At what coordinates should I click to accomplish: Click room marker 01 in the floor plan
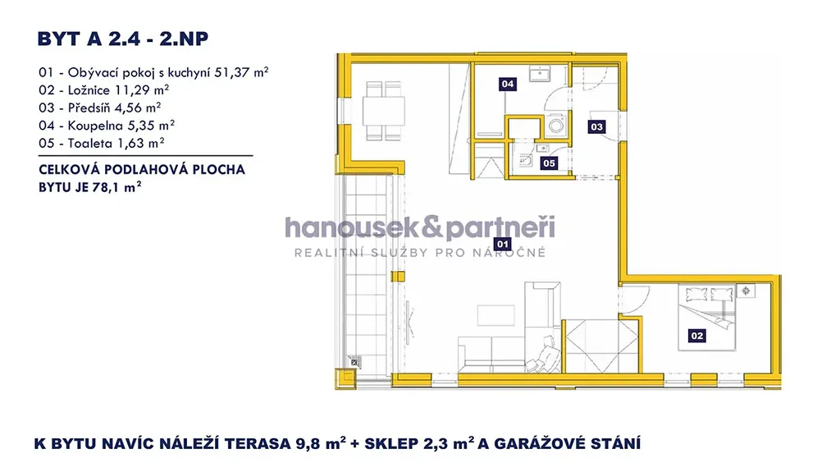click(x=503, y=245)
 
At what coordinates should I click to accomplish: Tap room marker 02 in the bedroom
click(x=697, y=336)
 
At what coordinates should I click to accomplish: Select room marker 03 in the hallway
click(x=597, y=127)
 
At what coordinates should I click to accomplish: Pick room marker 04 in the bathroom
click(x=507, y=84)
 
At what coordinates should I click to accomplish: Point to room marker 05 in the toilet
click(x=549, y=163)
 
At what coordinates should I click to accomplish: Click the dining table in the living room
click(x=384, y=111)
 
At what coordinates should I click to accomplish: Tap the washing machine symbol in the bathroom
click(x=556, y=126)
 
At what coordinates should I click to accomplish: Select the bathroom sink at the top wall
click(x=540, y=73)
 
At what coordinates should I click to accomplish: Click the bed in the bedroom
click(x=707, y=318)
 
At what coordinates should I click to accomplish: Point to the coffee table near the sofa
click(x=496, y=315)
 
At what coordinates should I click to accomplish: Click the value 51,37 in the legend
click(x=232, y=72)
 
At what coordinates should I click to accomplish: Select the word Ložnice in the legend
click(x=89, y=90)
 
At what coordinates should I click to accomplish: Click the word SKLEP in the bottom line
click(x=392, y=444)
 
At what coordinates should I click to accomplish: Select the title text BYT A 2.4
click(x=89, y=39)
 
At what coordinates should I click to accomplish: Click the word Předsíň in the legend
click(x=89, y=108)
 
